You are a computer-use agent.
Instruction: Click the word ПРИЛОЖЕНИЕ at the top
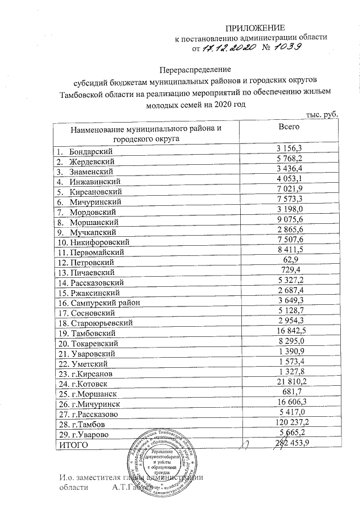[x=256, y=28]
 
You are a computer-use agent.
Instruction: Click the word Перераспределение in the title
[x=192, y=69]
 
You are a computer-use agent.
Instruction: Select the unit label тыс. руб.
[x=322, y=114]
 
